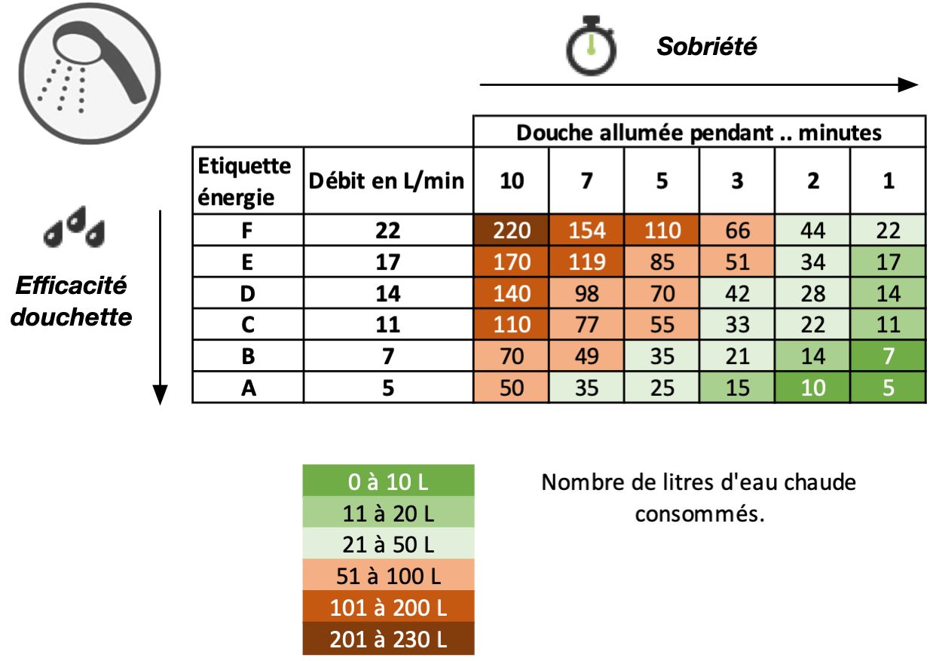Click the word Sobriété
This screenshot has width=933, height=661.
(x=706, y=47)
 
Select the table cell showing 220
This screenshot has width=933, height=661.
(x=511, y=231)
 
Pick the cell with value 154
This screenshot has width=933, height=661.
(x=586, y=231)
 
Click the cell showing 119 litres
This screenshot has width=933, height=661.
(x=586, y=262)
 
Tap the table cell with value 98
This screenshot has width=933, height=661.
(x=586, y=293)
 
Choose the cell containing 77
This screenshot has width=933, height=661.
(x=586, y=325)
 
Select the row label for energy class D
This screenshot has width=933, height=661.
(x=247, y=293)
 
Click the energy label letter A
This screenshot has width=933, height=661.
(x=247, y=388)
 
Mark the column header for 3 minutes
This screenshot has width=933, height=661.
(x=737, y=182)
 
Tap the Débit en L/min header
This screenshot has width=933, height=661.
(x=388, y=182)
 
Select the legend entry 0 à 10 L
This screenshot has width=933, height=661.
(x=388, y=481)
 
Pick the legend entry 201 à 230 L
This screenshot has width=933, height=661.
(x=388, y=639)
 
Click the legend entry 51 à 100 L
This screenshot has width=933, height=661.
(x=388, y=576)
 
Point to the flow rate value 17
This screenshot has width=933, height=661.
(x=388, y=262)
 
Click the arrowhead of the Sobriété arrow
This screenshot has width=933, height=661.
(x=910, y=84)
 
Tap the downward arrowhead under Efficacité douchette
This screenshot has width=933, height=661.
(x=160, y=394)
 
